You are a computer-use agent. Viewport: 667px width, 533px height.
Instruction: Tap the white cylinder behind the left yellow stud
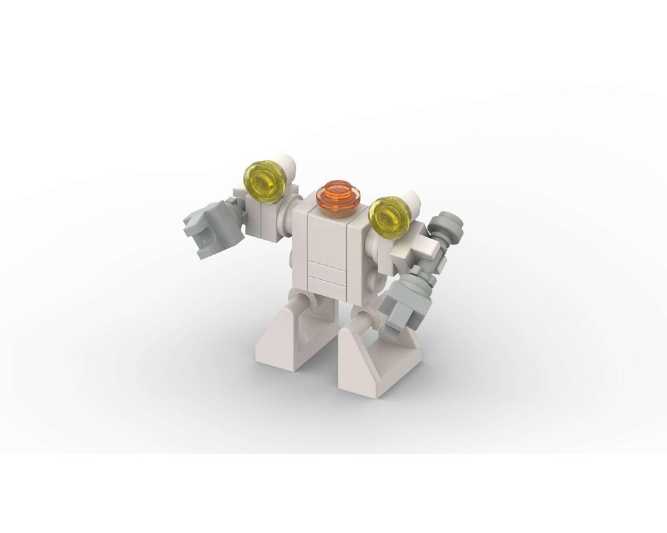[287, 161]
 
